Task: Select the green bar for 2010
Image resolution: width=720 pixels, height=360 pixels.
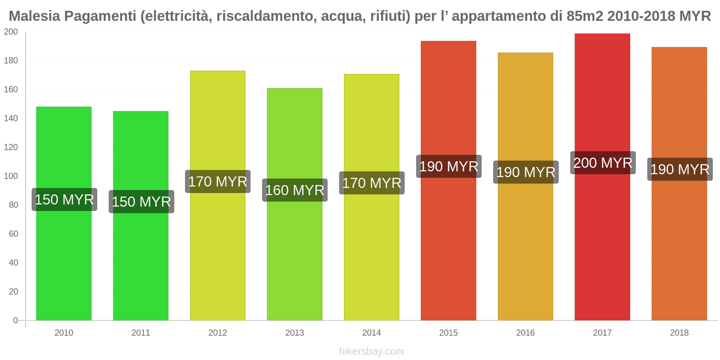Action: click(x=63, y=261)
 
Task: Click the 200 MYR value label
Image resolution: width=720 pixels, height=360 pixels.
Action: click(x=603, y=163)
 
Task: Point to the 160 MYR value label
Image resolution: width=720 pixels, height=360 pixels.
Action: click(x=294, y=190)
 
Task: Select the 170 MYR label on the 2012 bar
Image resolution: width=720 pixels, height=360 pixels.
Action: click(x=218, y=182)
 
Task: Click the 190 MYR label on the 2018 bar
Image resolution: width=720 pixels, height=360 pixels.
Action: click(x=679, y=169)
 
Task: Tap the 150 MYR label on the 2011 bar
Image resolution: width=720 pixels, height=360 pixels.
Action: click(x=141, y=202)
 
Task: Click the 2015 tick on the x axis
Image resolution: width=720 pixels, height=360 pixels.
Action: click(x=448, y=333)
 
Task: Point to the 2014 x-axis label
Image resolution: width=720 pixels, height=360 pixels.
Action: click(x=371, y=333)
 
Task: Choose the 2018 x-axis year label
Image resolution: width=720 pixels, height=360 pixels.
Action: click(x=679, y=333)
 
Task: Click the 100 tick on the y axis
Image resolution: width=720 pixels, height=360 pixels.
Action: click(x=11, y=176)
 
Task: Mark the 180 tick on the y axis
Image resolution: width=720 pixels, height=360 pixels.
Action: click(x=11, y=61)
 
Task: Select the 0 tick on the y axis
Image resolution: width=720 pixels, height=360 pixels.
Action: click(x=15, y=320)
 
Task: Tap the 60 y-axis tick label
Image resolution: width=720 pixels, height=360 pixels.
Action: click(x=13, y=234)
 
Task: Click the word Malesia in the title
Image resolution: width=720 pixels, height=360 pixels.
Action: click(x=34, y=16)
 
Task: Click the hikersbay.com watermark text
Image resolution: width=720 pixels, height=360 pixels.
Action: click(x=371, y=351)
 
